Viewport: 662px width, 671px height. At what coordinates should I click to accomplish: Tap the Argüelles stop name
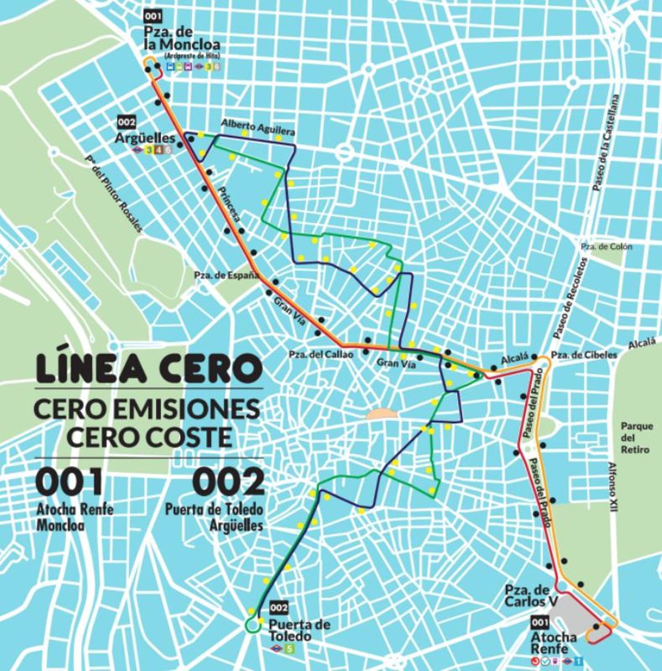[145, 138]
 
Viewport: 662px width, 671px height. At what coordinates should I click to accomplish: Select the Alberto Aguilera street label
[258, 127]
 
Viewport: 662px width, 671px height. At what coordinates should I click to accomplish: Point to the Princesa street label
[230, 204]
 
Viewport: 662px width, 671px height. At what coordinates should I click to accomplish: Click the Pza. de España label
[226, 275]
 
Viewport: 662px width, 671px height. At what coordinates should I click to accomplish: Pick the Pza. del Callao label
[321, 355]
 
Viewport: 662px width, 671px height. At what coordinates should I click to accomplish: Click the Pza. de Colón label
[606, 246]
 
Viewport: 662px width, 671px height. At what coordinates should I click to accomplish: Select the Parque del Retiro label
[637, 438]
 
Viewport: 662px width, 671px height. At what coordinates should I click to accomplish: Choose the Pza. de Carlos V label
[527, 596]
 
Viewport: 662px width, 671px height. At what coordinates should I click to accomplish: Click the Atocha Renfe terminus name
[553, 642]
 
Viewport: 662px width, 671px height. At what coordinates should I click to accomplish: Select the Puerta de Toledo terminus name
[299, 630]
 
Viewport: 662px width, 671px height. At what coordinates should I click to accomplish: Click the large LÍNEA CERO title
[148, 369]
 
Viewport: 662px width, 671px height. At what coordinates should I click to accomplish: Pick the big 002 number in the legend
[228, 481]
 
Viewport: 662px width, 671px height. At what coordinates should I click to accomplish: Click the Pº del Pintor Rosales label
[114, 193]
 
